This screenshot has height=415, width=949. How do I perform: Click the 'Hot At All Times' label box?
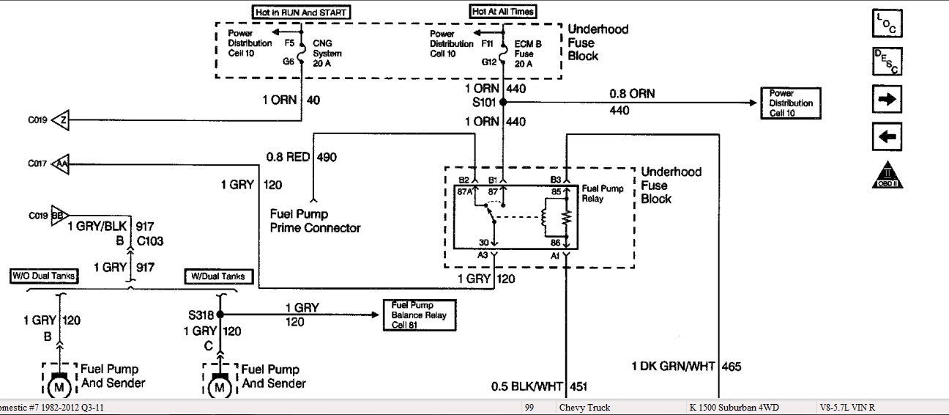[502, 12]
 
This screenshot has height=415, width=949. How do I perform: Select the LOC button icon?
[887, 23]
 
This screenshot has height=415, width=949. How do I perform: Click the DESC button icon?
[887, 61]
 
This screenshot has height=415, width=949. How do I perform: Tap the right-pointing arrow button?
[887, 99]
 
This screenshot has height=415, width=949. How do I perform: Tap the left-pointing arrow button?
[887, 136]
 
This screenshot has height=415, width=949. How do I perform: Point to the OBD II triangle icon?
[887, 175]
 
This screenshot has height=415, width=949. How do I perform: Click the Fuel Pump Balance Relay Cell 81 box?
[419, 315]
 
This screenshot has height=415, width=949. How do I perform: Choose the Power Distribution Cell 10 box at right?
[791, 103]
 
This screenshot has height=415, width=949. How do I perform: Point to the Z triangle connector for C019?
[60, 120]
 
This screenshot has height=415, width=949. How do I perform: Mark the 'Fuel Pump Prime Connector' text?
[315, 221]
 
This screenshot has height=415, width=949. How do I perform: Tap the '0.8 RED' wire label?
[289, 156]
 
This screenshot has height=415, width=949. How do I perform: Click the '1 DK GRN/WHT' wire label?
[674, 367]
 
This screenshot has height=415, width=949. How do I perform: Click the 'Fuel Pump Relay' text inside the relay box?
[602, 194]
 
